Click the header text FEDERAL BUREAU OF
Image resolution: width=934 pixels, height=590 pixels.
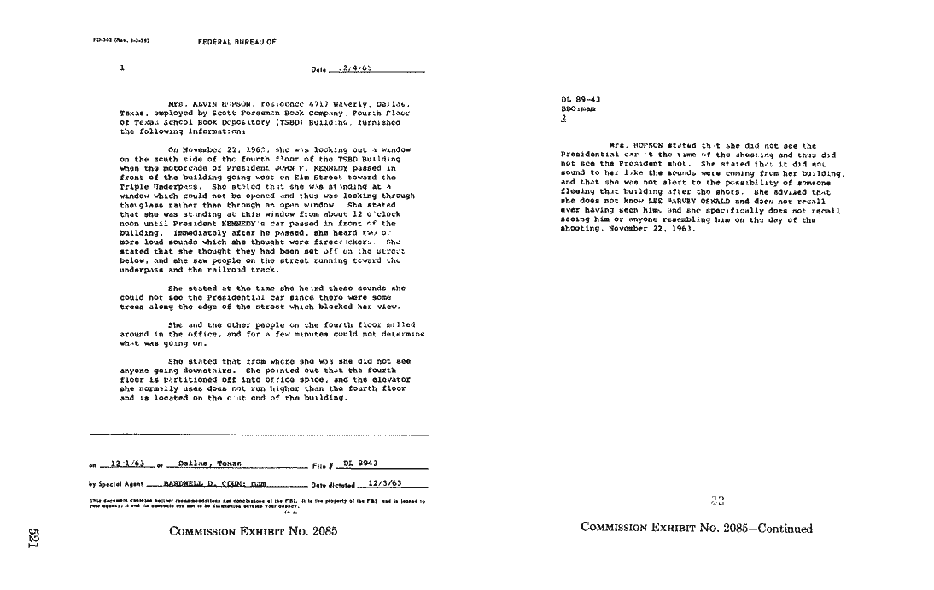[236, 41]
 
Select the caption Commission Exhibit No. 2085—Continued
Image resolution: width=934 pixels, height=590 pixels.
[696, 529]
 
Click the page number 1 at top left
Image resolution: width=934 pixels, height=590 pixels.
[123, 66]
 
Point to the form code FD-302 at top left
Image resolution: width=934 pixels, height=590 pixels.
[106, 40]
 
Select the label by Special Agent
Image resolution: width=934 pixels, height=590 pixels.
[115, 483]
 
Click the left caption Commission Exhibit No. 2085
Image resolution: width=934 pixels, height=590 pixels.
[253, 531]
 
